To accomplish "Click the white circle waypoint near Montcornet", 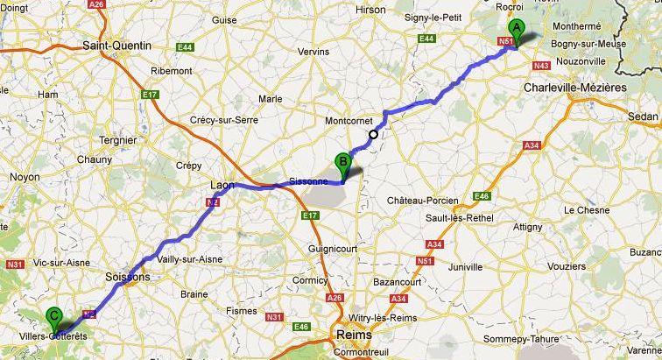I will [x=374, y=134].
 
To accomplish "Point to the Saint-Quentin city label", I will [x=116, y=45].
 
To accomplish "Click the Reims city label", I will [x=353, y=335].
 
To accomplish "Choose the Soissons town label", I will [x=128, y=277].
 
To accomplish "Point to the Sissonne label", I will [x=307, y=181].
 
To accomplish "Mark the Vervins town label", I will [x=313, y=52].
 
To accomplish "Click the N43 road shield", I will [x=539, y=66].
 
